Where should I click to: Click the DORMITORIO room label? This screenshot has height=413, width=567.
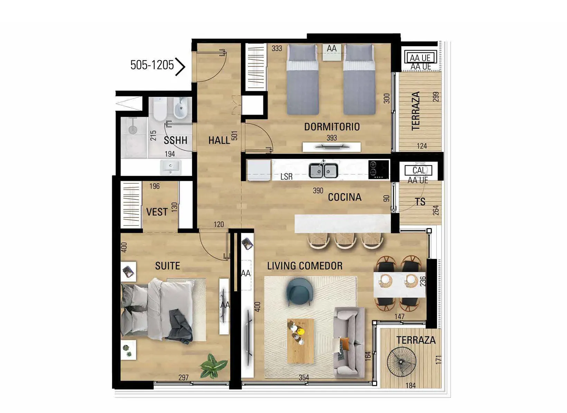coord(332,127)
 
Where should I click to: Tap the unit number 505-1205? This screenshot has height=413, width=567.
coord(152,65)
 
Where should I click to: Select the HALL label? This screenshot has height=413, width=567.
coord(219,140)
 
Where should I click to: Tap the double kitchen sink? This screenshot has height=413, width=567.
coord(323,170)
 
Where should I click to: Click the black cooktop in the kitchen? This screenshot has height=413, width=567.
coord(379,170)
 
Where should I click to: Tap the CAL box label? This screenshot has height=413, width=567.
coord(419,171)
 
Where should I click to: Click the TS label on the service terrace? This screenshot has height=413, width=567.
coord(420,202)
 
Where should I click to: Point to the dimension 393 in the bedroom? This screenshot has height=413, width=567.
coord(332,138)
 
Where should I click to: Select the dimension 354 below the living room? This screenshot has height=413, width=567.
coord(304,377)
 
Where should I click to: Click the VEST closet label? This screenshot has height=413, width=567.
coord(157,212)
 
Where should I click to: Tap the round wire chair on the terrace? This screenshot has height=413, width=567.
coord(401,362)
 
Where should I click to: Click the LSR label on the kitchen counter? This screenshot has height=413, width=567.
coord(286,177)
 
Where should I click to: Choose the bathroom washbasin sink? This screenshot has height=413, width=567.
coord(171,168)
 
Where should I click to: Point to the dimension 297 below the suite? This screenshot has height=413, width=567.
coord(184,377)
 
